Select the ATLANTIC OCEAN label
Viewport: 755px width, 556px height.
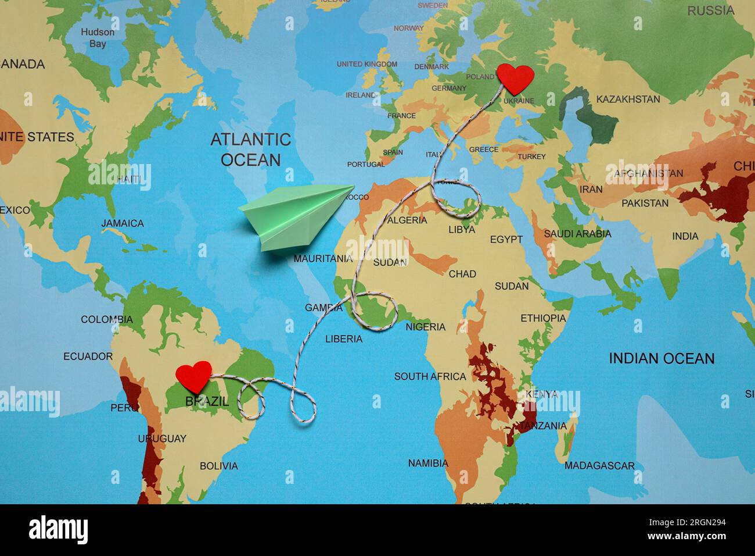pyautogui.click(x=250, y=149)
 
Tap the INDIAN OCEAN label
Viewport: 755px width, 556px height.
pyautogui.click(x=661, y=358)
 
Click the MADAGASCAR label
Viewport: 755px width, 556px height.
pyautogui.click(x=599, y=466)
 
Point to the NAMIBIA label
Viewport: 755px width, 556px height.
pyautogui.click(x=428, y=464)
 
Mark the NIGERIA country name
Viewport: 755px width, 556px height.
pyautogui.click(x=425, y=327)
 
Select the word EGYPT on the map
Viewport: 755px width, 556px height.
pyautogui.click(x=506, y=239)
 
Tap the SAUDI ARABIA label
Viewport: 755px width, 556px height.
pyautogui.click(x=577, y=234)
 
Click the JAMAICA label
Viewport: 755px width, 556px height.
pyautogui.click(x=123, y=223)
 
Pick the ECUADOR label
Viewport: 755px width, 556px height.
pyautogui.click(x=88, y=356)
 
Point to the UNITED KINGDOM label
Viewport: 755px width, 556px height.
pyautogui.click(x=367, y=64)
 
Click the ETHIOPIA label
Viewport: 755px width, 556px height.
pyautogui.click(x=542, y=318)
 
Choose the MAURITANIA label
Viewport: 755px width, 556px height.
pyautogui.click(x=323, y=258)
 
